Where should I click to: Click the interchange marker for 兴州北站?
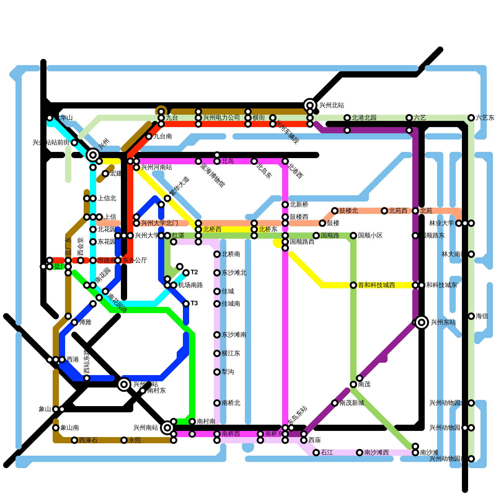(310, 105)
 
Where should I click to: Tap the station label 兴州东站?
(443, 322)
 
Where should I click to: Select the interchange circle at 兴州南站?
(167, 428)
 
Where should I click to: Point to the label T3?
(194, 303)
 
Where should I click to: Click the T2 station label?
(194, 272)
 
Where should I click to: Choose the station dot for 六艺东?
(471, 118)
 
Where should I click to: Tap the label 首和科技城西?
(376, 285)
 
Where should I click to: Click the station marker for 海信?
(471, 316)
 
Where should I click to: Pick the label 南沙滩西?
(376, 453)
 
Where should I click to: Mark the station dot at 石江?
(316, 453)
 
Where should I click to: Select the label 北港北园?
(364, 118)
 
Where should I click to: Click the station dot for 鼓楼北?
(335, 211)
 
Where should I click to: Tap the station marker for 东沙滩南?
(217, 335)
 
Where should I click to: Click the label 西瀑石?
(88, 440)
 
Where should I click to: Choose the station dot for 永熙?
(124, 440)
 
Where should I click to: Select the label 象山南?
(69, 428)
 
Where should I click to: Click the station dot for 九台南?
(149, 136)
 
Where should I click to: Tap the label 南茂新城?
(352, 403)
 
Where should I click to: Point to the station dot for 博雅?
(74, 322)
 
